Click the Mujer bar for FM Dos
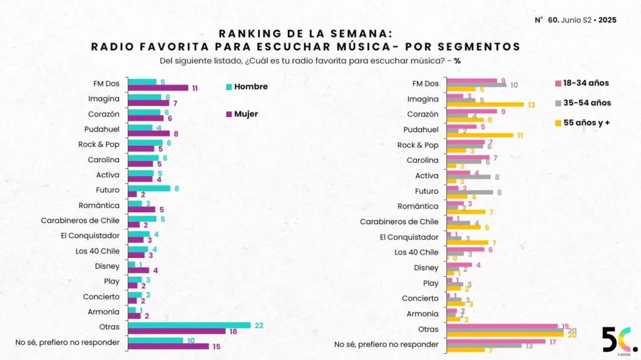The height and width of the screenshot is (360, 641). (158, 88)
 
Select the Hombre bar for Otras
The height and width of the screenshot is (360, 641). (189, 325)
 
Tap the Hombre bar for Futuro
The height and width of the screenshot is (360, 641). (149, 188)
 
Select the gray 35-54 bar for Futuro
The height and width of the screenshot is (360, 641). (469, 192)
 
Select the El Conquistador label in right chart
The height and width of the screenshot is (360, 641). (409, 237)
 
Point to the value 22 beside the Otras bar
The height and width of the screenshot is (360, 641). (258, 325)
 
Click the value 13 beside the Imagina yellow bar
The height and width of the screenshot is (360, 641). (531, 105)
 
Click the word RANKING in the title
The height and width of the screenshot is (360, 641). (248, 34)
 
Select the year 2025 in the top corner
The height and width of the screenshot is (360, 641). (607, 20)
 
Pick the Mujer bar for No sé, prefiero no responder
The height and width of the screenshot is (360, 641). (168, 346)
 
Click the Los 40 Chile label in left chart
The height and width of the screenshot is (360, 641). (98, 251)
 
